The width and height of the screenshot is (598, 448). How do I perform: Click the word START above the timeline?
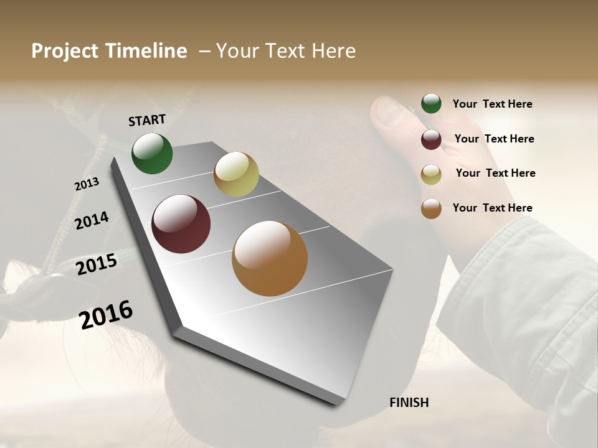[x=147, y=119]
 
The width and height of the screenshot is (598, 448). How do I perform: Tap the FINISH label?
[x=409, y=403]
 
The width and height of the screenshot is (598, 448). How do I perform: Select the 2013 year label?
[x=87, y=184]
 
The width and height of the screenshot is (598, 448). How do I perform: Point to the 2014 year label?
[x=92, y=220]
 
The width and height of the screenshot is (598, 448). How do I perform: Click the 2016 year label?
[x=106, y=314]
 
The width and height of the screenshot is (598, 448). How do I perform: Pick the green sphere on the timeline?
[x=152, y=154]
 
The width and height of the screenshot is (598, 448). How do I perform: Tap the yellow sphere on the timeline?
[x=236, y=174]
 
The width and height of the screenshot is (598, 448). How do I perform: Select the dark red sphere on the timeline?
[x=181, y=224]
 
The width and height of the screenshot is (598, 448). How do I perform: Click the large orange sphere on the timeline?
[x=270, y=258]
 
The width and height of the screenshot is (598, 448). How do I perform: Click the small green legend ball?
[x=431, y=104]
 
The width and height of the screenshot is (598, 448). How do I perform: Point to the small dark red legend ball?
[x=431, y=139]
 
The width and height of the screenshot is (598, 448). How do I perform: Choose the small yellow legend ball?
[x=431, y=174]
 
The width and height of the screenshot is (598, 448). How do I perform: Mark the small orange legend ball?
[x=431, y=208]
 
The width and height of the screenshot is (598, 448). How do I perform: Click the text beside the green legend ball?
[x=492, y=105]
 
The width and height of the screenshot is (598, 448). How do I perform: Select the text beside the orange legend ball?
[x=492, y=208]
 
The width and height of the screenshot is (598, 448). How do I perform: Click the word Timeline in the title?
[x=146, y=51]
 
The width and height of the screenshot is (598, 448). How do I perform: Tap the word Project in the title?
[x=64, y=51]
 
